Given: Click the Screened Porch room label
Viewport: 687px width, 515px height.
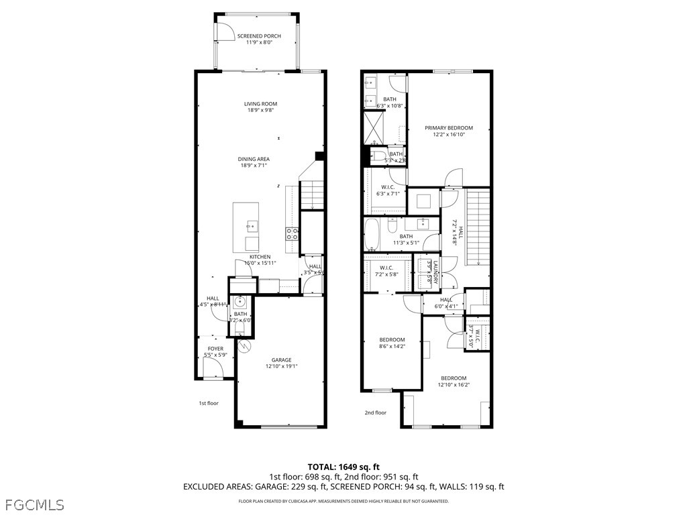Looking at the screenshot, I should coord(259,36).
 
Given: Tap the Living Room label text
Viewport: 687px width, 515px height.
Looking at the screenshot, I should coord(260,104).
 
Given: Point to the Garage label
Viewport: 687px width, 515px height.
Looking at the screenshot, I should coord(281,360).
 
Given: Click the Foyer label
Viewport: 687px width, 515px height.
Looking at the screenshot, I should coord(215,349).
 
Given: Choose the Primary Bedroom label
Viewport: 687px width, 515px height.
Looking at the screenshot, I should coord(449,128).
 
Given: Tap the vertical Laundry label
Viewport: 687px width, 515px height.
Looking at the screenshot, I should coord(435,273).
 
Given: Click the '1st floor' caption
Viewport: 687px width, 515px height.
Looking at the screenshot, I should coord(209,403).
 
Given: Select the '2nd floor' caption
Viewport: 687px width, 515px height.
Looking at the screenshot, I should coord(376,413).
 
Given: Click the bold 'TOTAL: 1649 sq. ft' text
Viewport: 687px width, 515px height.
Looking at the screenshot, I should coord(343,467).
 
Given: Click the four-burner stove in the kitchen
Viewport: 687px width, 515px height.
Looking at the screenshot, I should coord(293,233).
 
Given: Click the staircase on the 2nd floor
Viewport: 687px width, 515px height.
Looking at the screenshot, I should coord(478,228).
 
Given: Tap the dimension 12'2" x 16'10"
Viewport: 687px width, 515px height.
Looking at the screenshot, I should coord(449,135).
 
